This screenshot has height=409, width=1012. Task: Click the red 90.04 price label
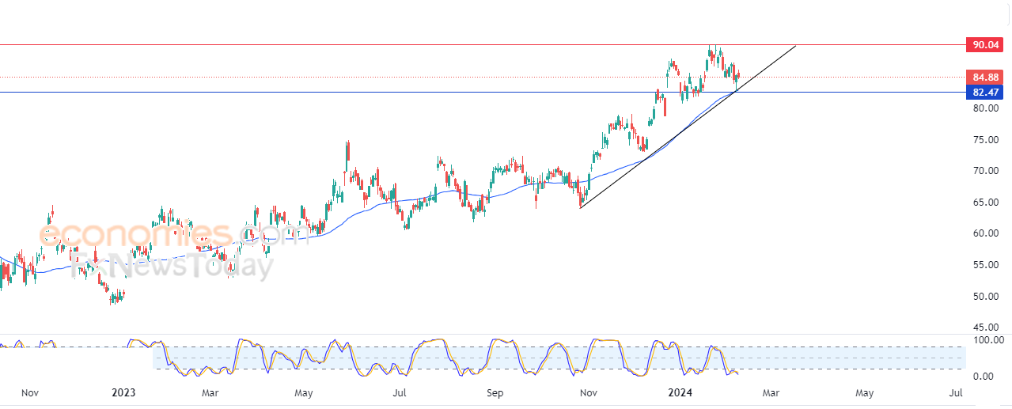pyautogui.click(x=984, y=45)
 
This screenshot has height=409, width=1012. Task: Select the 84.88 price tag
pyautogui.click(x=984, y=78)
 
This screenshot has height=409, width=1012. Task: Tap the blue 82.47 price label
pyautogui.click(x=984, y=93)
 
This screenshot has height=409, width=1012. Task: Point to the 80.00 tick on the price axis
pyautogui.click(x=986, y=108)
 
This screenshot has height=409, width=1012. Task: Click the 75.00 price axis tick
pyautogui.click(x=986, y=140)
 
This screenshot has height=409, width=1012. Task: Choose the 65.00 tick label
pyautogui.click(x=986, y=202)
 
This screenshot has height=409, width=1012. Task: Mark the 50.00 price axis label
pyautogui.click(x=986, y=297)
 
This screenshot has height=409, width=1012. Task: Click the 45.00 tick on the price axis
pyautogui.click(x=986, y=328)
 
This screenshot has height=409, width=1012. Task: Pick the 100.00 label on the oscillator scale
pyautogui.click(x=988, y=340)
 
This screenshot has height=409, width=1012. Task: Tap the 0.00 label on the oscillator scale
pyautogui.click(x=983, y=376)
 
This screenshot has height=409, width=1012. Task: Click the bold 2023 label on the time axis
pyautogui.click(x=123, y=392)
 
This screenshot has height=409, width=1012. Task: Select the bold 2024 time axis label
pyautogui.click(x=680, y=392)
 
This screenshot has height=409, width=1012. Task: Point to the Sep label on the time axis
pyautogui.click(x=495, y=392)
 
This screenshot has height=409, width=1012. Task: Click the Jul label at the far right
pyautogui.click(x=956, y=392)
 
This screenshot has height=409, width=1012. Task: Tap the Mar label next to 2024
pyautogui.click(x=771, y=392)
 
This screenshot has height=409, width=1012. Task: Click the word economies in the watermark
pyautogui.click(x=135, y=234)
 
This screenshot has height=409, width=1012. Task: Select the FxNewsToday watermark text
pyautogui.click(x=172, y=266)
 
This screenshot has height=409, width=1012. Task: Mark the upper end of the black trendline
pyautogui.click(x=795, y=46)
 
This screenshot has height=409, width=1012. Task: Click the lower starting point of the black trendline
pyautogui.click(x=580, y=208)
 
